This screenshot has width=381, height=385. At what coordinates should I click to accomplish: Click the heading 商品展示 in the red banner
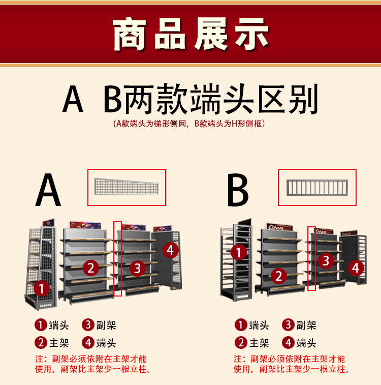pyautogui.click(x=190, y=34)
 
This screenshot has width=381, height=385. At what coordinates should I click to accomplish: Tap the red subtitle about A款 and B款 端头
pyautogui.click(x=189, y=124)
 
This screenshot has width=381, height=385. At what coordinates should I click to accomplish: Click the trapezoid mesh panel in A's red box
pyautogui.click(x=127, y=187)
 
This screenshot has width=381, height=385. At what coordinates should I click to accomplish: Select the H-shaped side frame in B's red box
pyautogui.click(x=317, y=188)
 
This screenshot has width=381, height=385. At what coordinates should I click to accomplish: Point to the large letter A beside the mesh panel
pyautogui.click(x=48, y=190)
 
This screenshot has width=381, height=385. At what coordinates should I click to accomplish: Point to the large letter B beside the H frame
pyautogui.click(x=238, y=190)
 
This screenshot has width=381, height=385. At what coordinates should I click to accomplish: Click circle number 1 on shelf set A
pyautogui.click(x=42, y=288)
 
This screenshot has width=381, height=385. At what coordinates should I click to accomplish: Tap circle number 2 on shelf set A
pyautogui.click(x=91, y=268)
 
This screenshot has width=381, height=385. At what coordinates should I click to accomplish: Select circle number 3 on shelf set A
pyautogui.click(x=138, y=268)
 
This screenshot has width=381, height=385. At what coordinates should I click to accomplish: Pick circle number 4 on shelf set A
pyautogui.click(x=171, y=250)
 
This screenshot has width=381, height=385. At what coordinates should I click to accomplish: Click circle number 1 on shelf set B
pyautogui.click(x=239, y=252)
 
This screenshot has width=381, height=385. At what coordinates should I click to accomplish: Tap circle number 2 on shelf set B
pyautogui.click(x=278, y=276)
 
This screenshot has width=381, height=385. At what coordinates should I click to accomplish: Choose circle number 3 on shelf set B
pyautogui.click(x=326, y=260)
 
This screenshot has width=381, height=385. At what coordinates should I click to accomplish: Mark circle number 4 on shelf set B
pyautogui.click(x=356, y=268)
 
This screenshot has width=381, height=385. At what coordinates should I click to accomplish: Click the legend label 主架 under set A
pyautogui.click(x=59, y=343)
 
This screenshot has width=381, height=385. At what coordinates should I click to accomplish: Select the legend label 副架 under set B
pyautogui.click(x=306, y=325)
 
